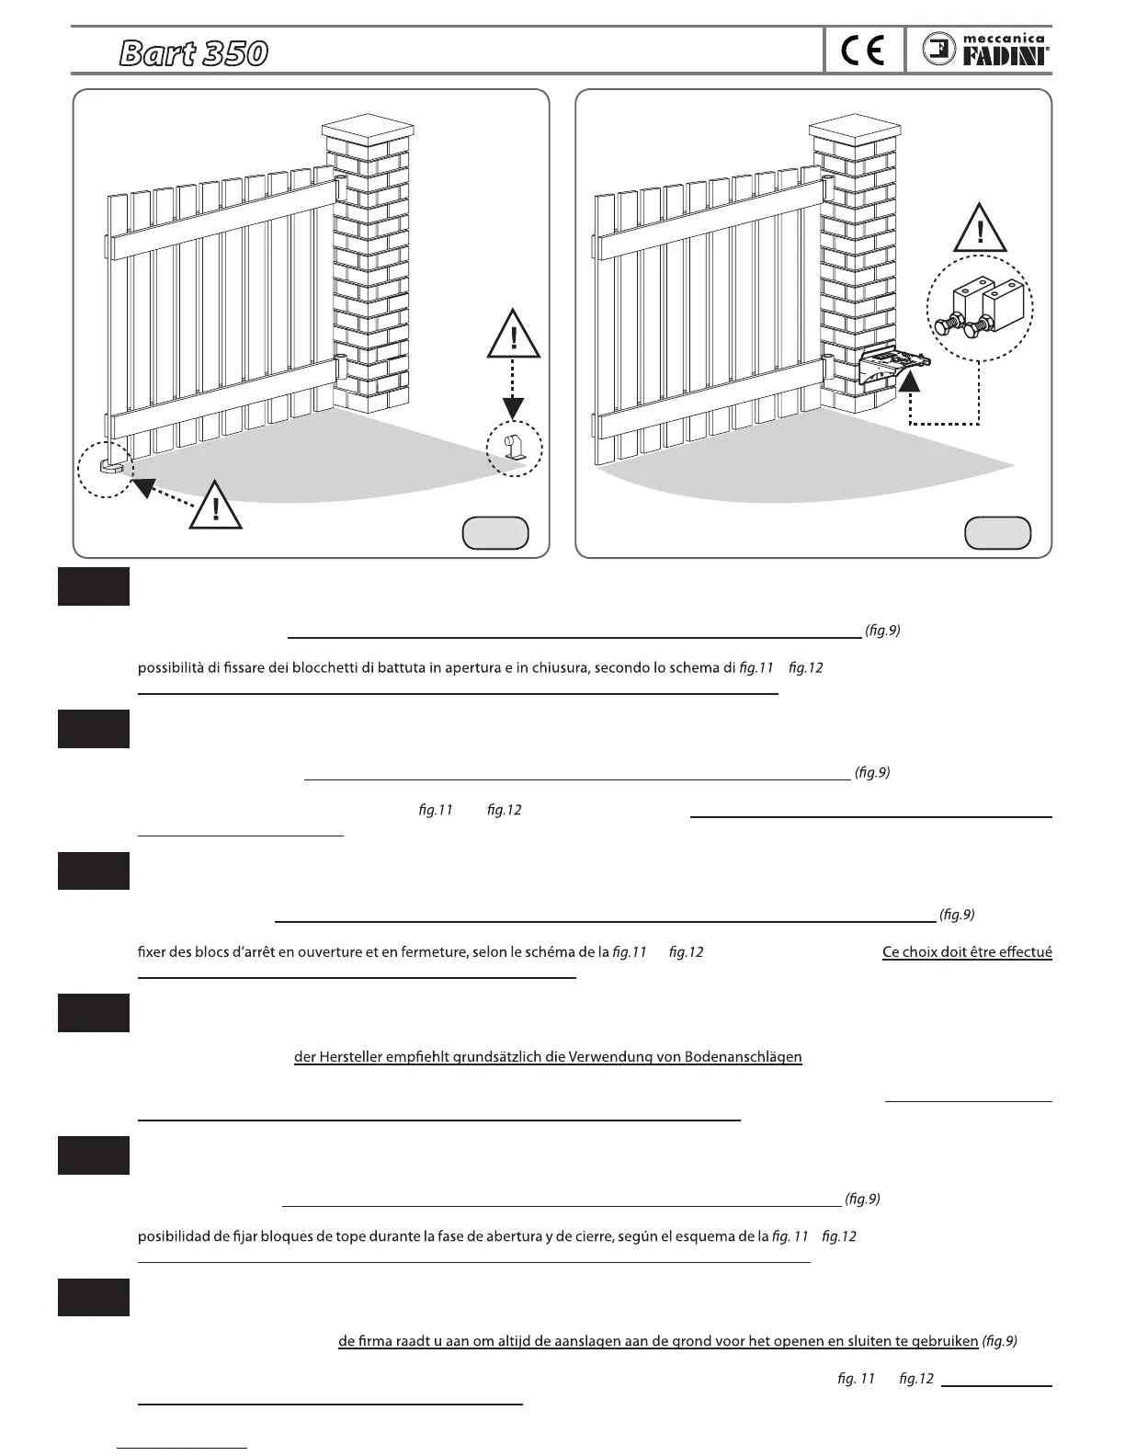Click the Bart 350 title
click(x=193, y=54)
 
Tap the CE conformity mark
click(x=863, y=51)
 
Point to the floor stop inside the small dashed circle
click(x=514, y=449)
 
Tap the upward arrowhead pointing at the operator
click(x=910, y=379)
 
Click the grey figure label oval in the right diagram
click(x=997, y=532)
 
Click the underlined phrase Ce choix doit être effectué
click(x=966, y=952)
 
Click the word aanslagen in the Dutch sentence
click(x=583, y=1341)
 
